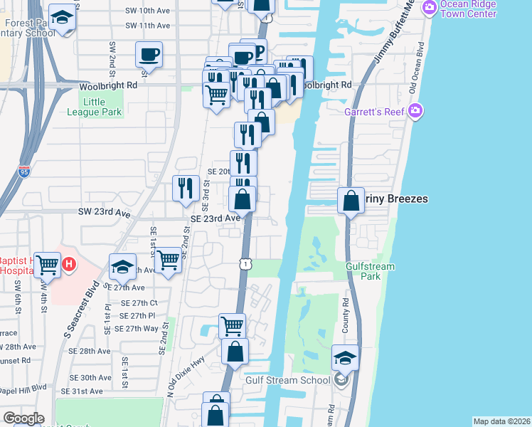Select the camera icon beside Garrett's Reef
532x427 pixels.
click(x=416, y=112)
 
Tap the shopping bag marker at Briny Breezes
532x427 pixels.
click(x=351, y=201)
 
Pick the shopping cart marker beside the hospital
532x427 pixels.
click(x=48, y=265)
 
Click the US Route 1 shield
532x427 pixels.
click(x=244, y=264)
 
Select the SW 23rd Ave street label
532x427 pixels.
click(x=104, y=213)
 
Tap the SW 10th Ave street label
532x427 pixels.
click(x=148, y=11)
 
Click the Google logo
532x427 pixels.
click(x=23, y=418)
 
